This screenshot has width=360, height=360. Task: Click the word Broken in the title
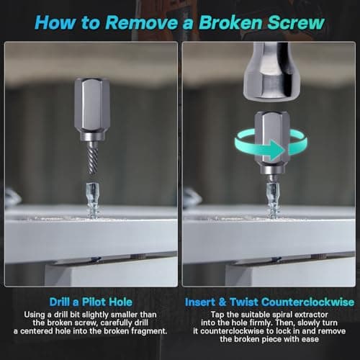tap(230, 22)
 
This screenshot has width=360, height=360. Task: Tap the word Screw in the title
tap(296, 22)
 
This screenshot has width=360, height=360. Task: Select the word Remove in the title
tap(142, 22)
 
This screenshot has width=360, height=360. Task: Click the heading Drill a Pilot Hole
tap(91, 302)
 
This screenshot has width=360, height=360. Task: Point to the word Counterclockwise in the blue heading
tap(307, 302)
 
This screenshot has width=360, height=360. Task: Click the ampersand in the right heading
tap(222, 302)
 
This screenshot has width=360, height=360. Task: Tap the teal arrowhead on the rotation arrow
tap(275, 150)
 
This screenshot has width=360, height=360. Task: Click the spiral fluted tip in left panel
tap(92, 157)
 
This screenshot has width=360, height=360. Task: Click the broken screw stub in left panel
tap(92, 200)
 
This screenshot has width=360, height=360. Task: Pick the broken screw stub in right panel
tap(272, 199)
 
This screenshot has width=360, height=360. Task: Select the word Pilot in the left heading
tap(94, 302)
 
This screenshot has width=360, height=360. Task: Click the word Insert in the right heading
tap(199, 302)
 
